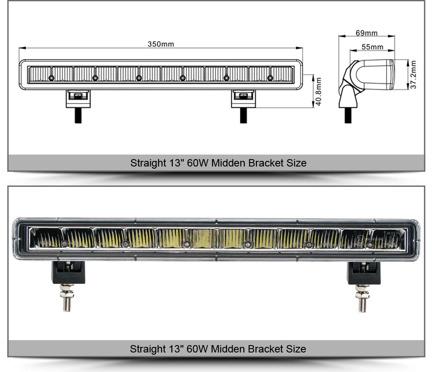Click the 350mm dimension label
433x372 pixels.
(x=161, y=44)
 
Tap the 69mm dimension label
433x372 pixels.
(x=366, y=33)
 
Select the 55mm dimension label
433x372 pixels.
(x=372, y=47)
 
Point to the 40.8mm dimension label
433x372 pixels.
(x=318, y=91)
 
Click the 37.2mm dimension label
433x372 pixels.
(x=413, y=75)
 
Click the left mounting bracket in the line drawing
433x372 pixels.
(x=78, y=99)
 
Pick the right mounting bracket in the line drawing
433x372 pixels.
(x=243, y=99)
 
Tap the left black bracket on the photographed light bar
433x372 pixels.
(x=68, y=272)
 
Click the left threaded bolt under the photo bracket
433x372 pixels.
(x=67, y=298)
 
